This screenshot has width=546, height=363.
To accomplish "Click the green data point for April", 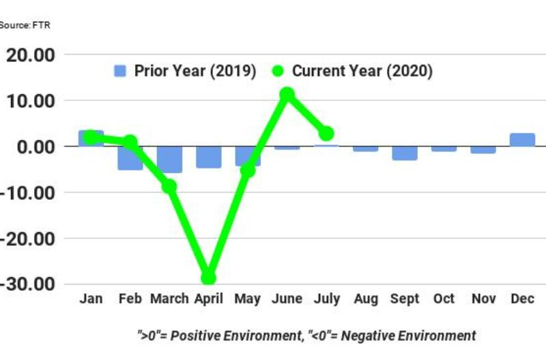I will click(x=208, y=278).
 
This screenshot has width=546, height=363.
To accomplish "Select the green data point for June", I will click(x=287, y=94).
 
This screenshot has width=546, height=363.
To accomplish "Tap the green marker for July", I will click(x=326, y=133).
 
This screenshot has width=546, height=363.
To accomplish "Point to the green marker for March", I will click(x=169, y=186).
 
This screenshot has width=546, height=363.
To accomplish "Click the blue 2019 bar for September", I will click(x=404, y=153).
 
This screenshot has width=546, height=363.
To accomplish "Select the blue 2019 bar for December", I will click(x=522, y=140).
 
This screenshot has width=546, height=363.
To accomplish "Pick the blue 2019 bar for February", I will click(x=130, y=158).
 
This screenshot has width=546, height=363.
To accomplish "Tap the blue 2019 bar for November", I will click(x=483, y=149).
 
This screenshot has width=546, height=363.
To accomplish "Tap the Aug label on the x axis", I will click(x=365, y=299).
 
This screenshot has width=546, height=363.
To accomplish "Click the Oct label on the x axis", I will click(x=444, y=299).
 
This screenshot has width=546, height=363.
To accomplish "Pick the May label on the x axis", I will click(x=247, y=299).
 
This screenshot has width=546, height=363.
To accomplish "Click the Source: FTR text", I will click(x=25, y=25).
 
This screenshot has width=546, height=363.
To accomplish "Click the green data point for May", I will click(x=248, y=170).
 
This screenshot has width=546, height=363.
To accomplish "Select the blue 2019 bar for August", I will click(x=365, y=149).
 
